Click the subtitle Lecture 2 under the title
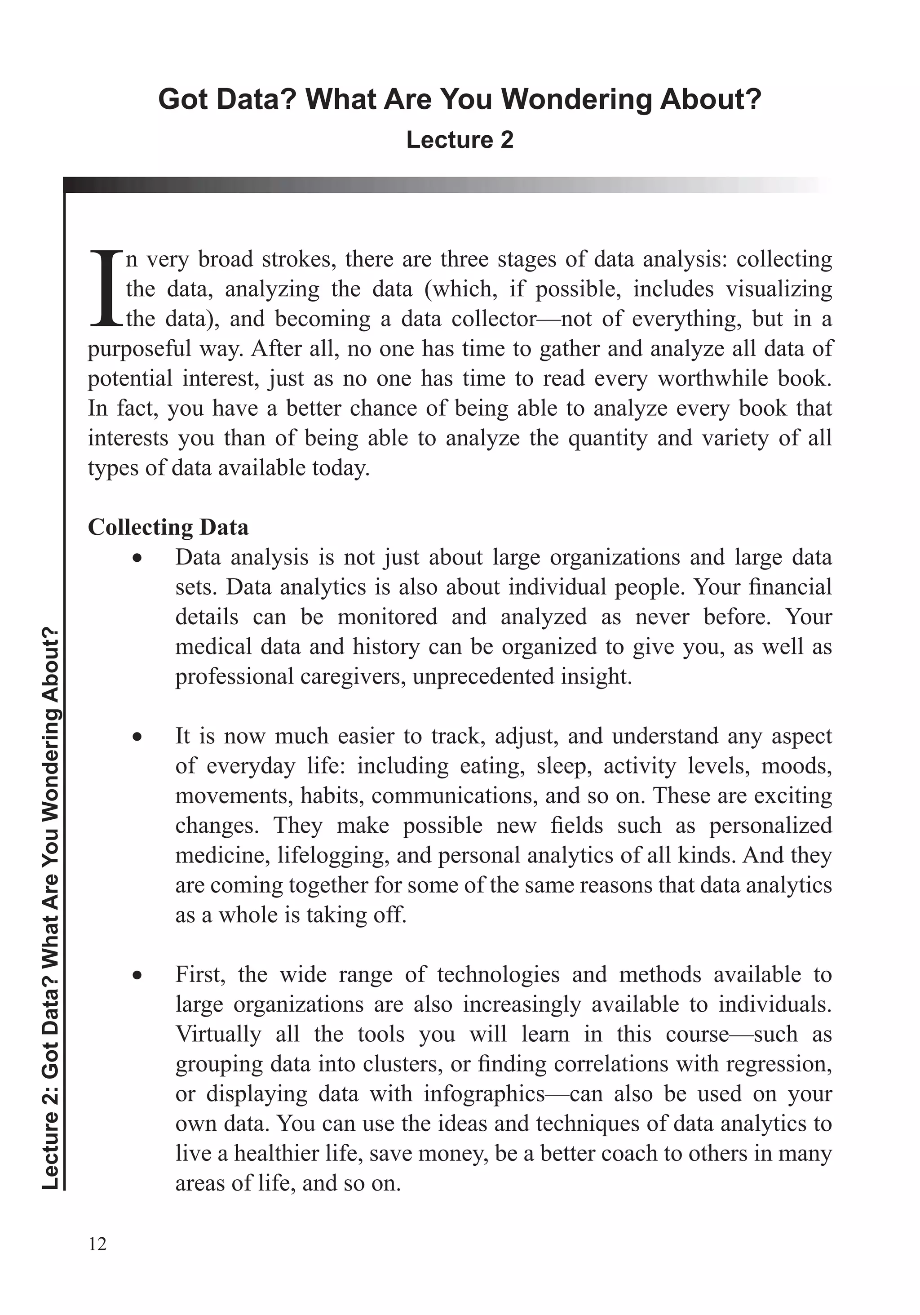click(x=459, y=140)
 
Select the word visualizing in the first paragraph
click(x=778, y=289)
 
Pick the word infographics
click(x=484, y=1094)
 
